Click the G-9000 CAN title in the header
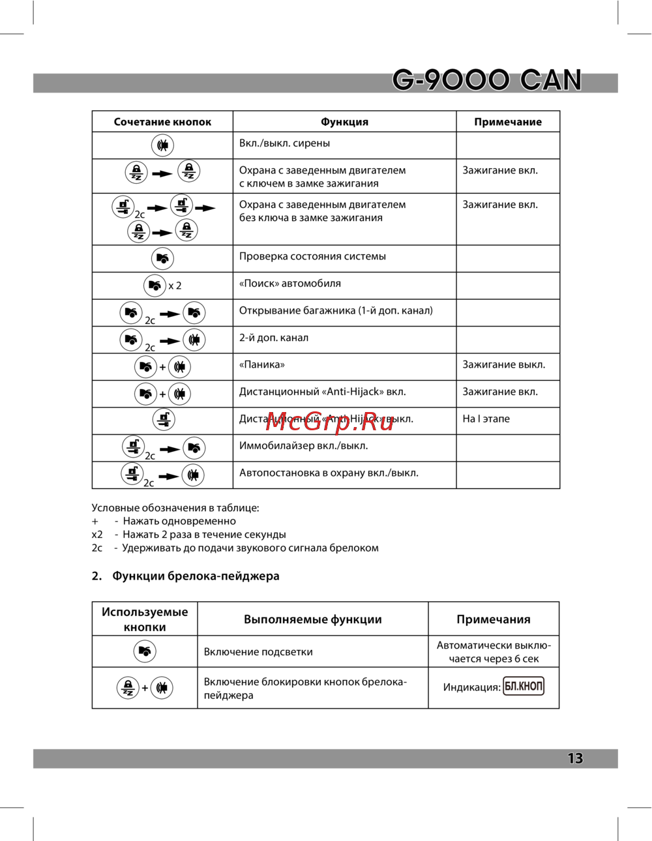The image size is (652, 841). (x=486, y=80)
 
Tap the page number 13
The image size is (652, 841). (x=575, y=758)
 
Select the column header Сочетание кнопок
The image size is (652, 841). (x=162, y=122)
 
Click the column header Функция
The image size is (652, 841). (x=344, y=122)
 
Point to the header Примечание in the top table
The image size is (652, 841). (x=508, y=122)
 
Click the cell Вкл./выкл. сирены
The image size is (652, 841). (x=284, y=143)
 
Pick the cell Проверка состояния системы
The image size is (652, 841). (x=312, y=256)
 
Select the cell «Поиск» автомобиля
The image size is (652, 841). (x=289, y=284)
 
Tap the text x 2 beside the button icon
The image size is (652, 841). (x=175, y=286)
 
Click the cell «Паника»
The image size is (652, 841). (x=262, y=364)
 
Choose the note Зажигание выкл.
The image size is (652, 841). (x=503, y=364)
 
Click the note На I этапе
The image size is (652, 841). (x=486, y=419)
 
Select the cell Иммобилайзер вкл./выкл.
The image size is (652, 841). (x=303, y=446)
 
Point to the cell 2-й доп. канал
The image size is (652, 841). (x=274, y=338)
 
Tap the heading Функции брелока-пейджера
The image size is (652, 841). (x=196, y=576)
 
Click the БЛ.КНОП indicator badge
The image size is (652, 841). (x=524, y=686)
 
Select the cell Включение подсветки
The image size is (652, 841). (x=258, y=652)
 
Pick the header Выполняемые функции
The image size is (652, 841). (x=313, y=619)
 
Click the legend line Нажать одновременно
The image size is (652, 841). (x=179, y=521)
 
